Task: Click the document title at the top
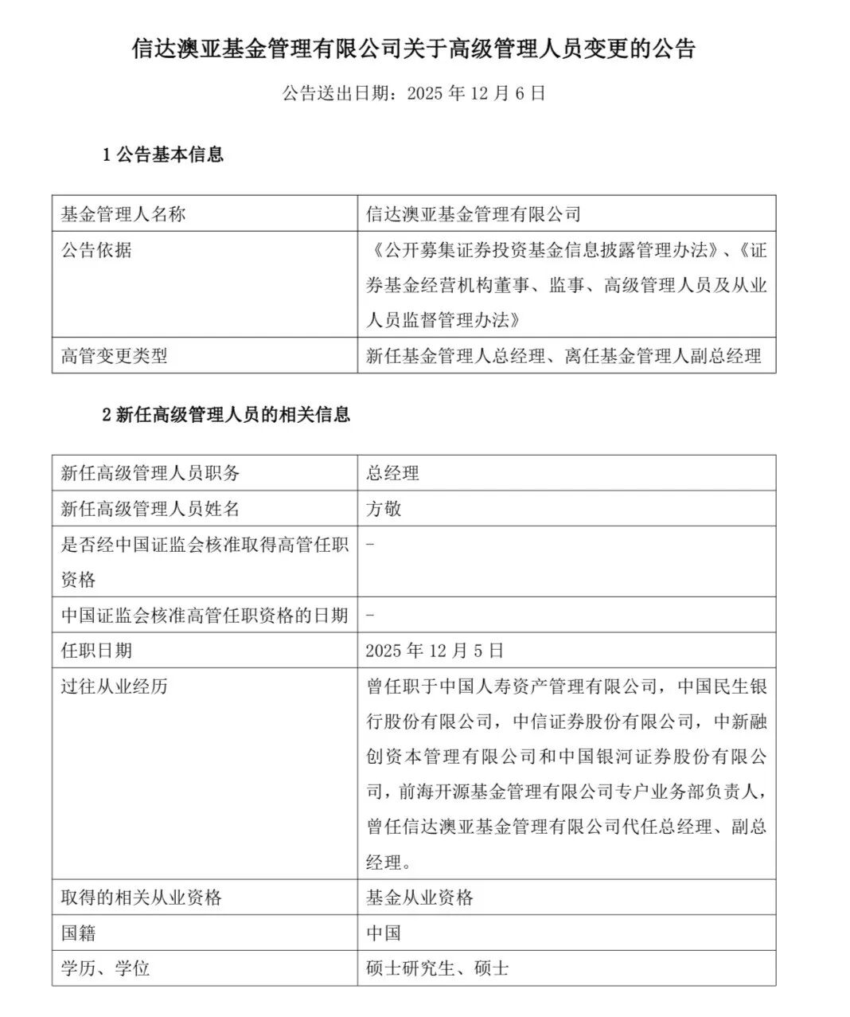[x=413, y=49]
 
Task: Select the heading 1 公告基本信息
[x=163, y=155]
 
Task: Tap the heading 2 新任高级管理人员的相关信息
[x=226, y=414]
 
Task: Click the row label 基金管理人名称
[x=123, y=214]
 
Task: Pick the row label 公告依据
[x=96, y=250]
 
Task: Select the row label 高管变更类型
[x=115, y=356]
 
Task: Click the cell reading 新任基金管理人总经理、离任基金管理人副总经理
[x=563, y=356]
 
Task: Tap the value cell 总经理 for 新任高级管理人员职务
[x=392, y=473]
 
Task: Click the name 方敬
[x=384, y=508]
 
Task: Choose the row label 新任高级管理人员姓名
[x=150, y=508]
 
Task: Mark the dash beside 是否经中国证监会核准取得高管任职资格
[x=371, y=544]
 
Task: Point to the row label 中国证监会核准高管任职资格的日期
[x=205, y=615]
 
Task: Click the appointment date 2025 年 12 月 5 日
[x=435, y=650]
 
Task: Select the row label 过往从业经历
[x=115, y=686]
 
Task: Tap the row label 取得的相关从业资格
[x=142, y=898]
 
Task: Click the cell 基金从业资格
[x=419, y=898]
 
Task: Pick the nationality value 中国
[x=384, y=933]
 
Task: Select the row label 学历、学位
[x=105, y=968]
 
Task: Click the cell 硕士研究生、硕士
[x=437, y=968]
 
